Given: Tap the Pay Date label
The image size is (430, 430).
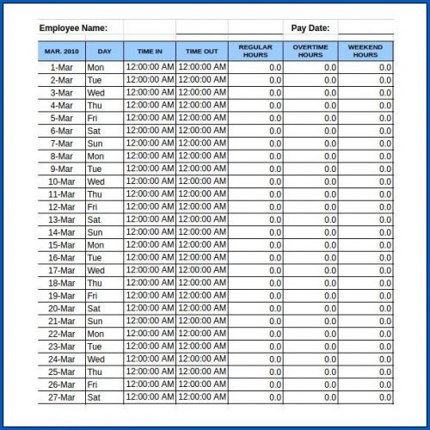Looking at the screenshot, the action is (311, 28).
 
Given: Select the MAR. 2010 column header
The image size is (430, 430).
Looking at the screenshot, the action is (61, 52).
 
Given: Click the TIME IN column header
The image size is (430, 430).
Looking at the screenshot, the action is (150, 52).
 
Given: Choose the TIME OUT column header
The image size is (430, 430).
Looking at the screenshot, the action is (202, 52).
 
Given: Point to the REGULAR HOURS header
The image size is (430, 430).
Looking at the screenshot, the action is (255, 52).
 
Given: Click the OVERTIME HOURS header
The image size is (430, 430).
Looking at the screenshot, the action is (310, 52).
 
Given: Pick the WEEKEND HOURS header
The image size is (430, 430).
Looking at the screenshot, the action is (365, 52).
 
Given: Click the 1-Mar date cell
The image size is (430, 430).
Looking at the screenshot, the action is (61, 67).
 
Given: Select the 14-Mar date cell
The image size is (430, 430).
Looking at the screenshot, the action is (61, 232).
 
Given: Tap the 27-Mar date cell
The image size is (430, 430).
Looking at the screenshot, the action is (61, 397).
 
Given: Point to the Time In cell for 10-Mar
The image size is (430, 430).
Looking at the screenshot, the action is (150, 181).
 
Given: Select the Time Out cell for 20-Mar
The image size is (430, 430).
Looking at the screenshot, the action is (202, 309).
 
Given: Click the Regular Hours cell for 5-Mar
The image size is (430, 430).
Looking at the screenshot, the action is (255, 118).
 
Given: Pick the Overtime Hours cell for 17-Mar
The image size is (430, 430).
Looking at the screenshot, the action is (310, 270).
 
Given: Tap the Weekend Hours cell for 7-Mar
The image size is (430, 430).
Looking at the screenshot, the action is (365, 144).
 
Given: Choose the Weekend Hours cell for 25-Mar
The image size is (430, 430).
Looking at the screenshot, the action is (365, 372).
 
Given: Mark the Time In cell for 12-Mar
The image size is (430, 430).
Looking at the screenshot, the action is (150, 207).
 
